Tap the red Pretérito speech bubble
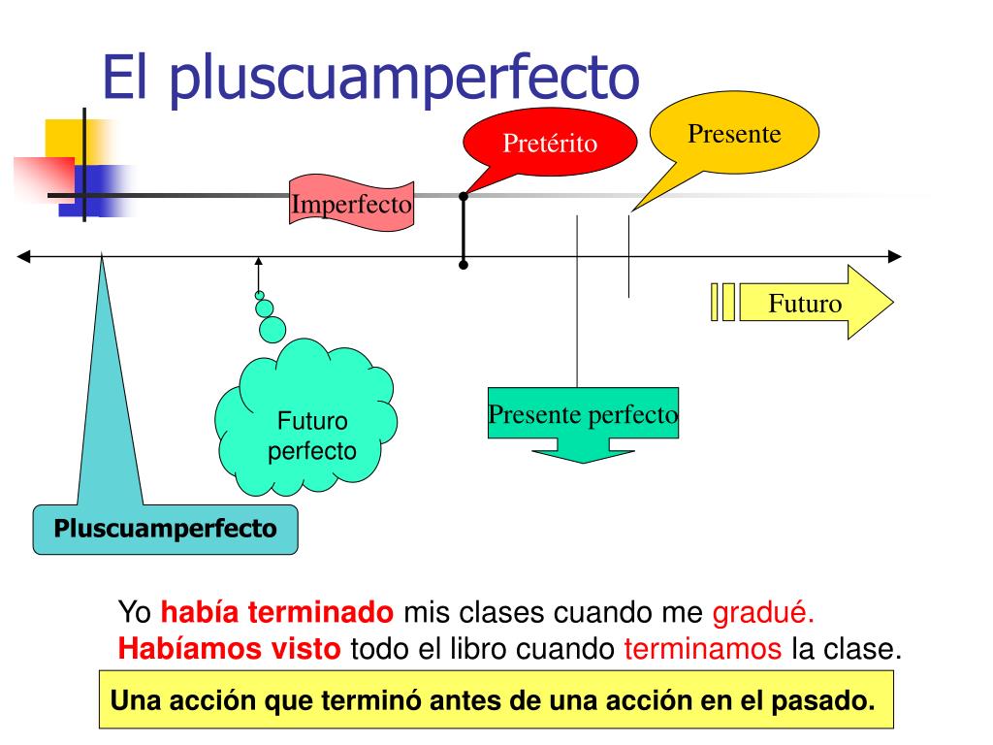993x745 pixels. [549, 145]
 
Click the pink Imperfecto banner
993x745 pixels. [352, 205]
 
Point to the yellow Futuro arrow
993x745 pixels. [805, 303]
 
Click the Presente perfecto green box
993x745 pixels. [583, 415]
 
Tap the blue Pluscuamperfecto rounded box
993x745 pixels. [166, 529]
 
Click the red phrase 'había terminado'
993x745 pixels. [277, 613]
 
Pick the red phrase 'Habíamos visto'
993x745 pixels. [230, 649]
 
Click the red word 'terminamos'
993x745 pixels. [703, 649]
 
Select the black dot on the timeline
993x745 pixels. [464, 264]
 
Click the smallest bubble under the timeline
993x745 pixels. [259, 295]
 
